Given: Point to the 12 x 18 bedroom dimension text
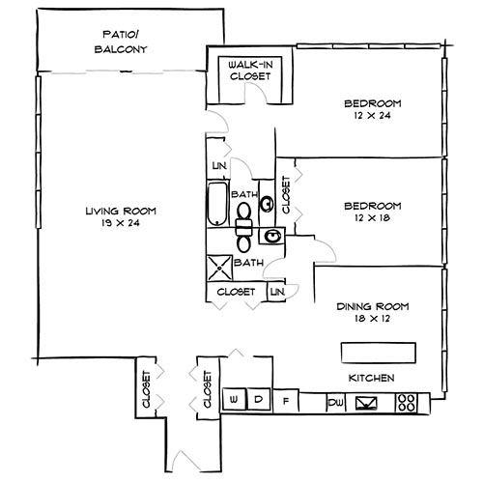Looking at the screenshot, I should [372, 218].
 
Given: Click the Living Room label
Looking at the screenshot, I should [120, 217].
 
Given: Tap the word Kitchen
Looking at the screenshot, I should [371, 378].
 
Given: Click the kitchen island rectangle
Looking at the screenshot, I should [378, 349].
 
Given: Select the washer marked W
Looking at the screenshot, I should [235, 399].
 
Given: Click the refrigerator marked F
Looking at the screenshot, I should [286, 399].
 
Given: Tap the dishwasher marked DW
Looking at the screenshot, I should [335, 400].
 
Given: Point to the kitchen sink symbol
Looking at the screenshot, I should [369, 402].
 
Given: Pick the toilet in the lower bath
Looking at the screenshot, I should [244, 229].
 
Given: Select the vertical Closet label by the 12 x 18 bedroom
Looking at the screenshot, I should [287, 196].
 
